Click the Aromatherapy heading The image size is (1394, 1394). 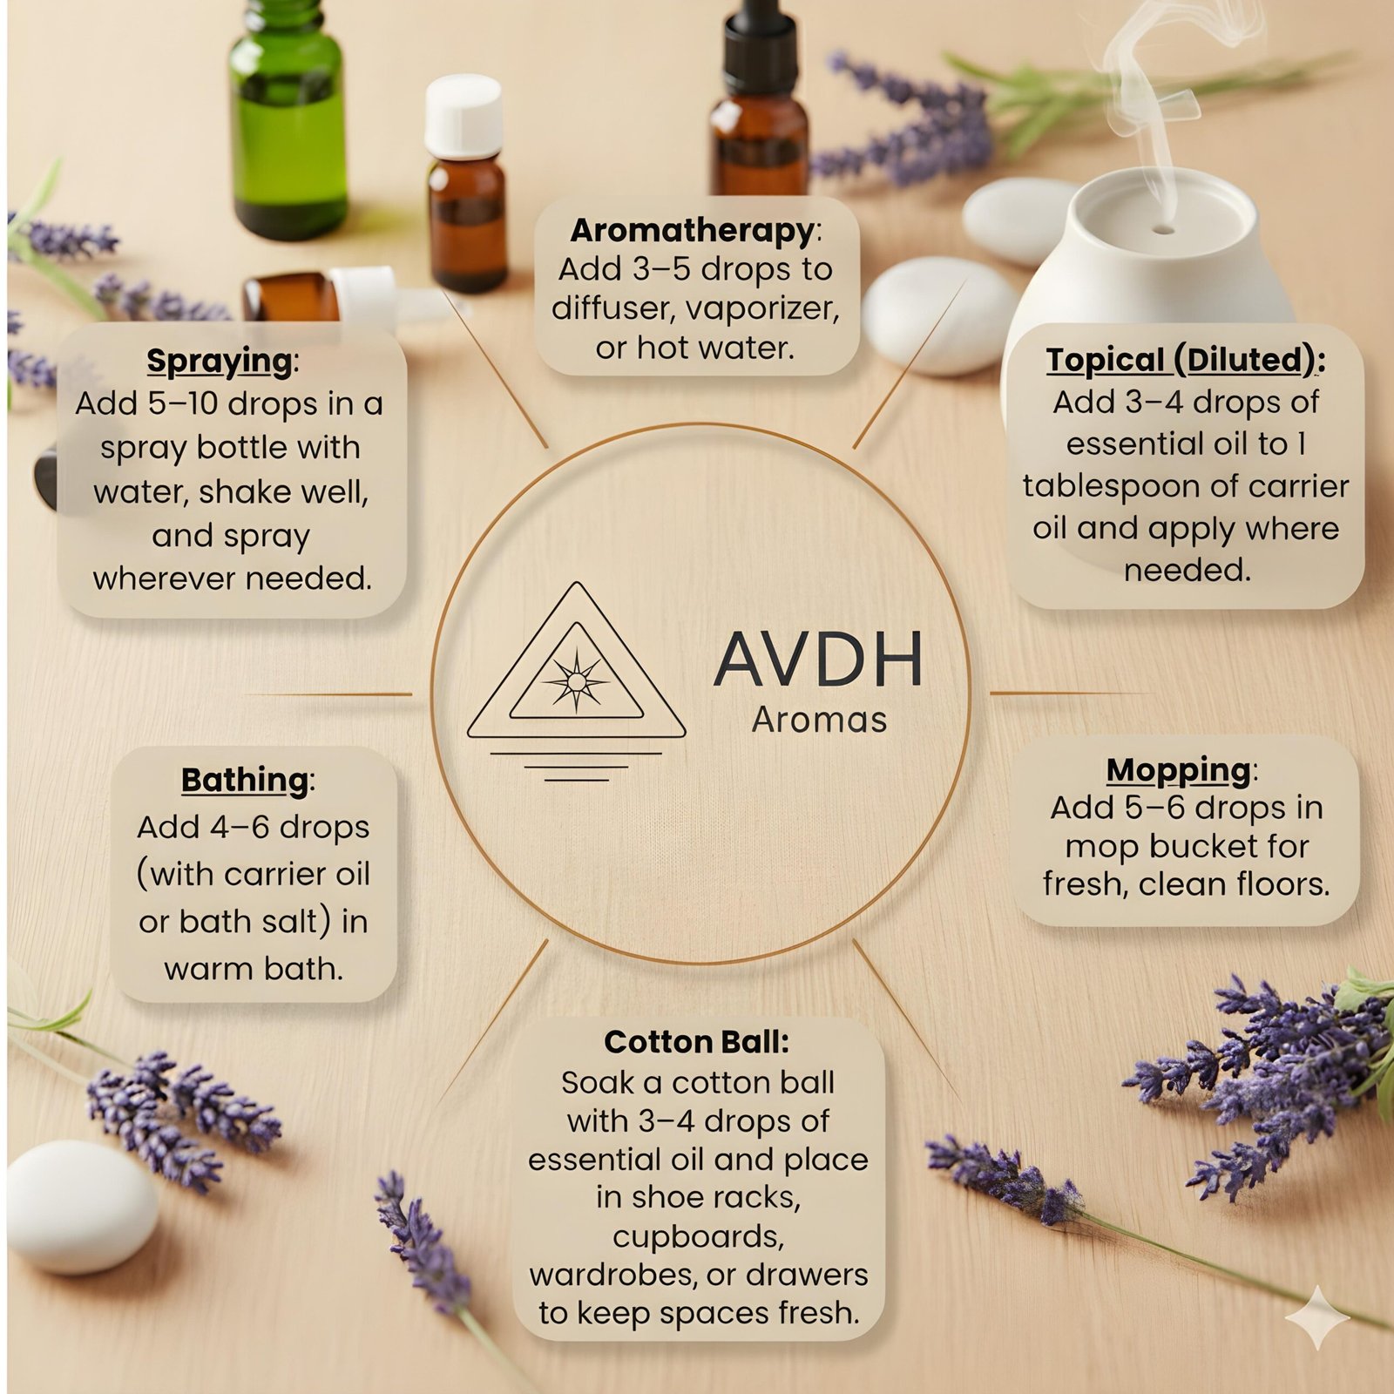click(693, 231)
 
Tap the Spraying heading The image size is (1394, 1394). click(220, 361)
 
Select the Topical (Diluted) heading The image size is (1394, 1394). click(1181, 360)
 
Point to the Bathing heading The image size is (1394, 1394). click(245, 780)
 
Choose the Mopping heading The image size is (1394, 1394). click(1178, 770)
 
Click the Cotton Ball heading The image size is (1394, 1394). click(696, 1042)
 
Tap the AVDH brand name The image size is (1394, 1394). click(818, 660)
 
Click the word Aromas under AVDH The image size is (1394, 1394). click(819, 721)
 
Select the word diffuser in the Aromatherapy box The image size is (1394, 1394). click(618, 308)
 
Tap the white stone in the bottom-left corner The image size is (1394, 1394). click(82, 1206)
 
